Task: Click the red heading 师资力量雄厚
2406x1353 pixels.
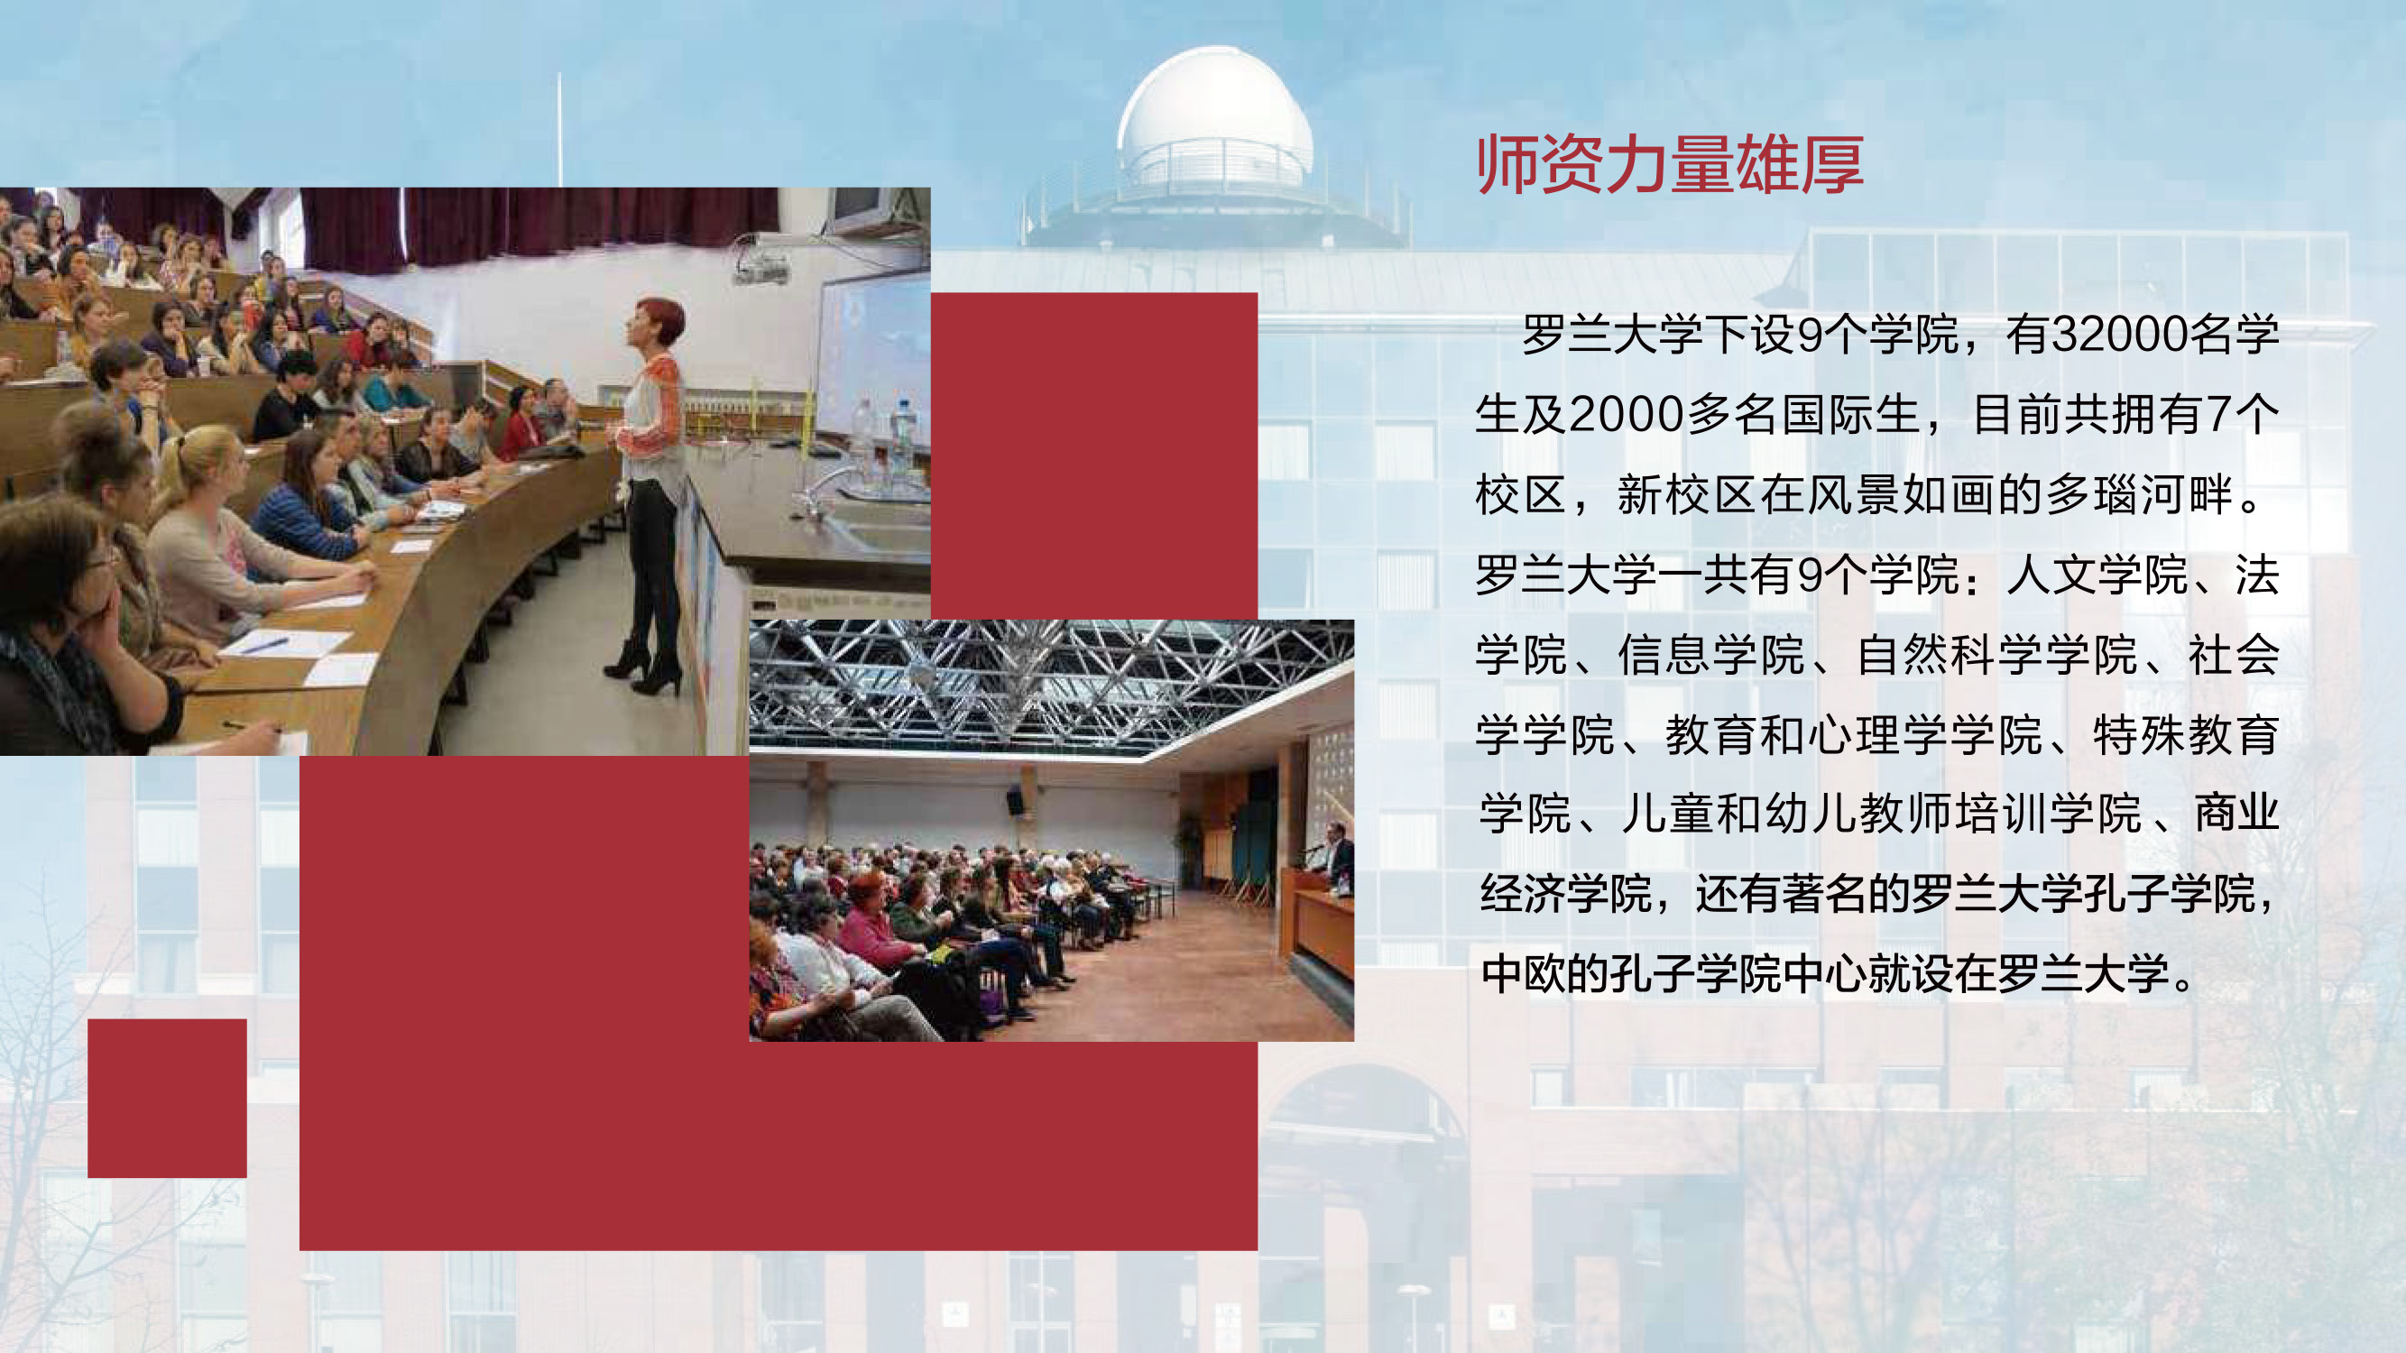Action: click(1670, 164)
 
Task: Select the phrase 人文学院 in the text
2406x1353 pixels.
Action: click(2097, 575)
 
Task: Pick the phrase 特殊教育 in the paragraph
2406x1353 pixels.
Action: click(2186, 735)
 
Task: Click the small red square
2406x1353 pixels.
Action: click(167, 1098)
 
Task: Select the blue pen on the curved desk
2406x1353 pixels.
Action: click(265, 643)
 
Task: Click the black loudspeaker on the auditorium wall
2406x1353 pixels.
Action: click(1014, 799)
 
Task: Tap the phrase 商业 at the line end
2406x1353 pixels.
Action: click(2236, 814)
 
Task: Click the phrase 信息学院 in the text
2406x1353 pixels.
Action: click(1711, 655)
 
